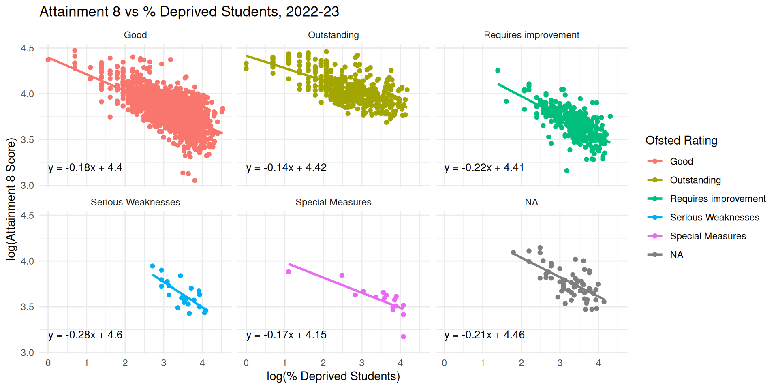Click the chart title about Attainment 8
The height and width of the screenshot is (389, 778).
coord(189,12)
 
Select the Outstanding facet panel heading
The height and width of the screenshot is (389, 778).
coord(333,35)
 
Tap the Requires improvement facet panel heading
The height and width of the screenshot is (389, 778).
coord(531,35)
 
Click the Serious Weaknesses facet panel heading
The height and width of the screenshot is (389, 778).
coord(135,202)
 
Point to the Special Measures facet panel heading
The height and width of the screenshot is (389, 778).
coord(333,202)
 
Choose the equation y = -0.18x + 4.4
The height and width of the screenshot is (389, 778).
coord(85,168)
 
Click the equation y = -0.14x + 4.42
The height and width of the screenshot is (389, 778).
coord(286,168)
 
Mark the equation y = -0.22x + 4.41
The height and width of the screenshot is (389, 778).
coord(484,168)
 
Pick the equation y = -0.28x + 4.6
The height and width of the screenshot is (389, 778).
coord(85,335)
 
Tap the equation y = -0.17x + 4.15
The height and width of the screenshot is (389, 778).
coord(286,335)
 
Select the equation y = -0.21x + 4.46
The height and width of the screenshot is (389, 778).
coord(484,335)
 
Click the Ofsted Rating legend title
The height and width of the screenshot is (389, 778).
coord(681,141)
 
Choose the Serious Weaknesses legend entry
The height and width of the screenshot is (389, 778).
coord(714,218)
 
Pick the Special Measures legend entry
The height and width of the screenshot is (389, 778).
coord(707,236)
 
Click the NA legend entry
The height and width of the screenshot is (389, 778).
coord(676,255)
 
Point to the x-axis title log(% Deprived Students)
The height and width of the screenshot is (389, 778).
coord(333,376)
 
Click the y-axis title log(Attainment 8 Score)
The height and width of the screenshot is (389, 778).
coord(11,199)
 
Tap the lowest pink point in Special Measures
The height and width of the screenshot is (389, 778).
coord(403,337)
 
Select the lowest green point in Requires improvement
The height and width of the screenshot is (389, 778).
coord(567,171)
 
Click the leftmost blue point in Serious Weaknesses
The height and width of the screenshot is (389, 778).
coord(152,266)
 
